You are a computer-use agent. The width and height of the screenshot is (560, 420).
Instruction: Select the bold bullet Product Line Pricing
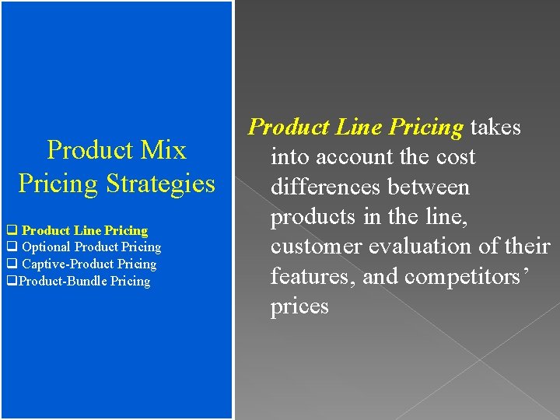[85, 230]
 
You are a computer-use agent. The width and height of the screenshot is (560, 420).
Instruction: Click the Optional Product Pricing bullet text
[92, 247]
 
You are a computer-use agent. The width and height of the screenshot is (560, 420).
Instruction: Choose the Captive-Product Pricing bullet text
[89, 264]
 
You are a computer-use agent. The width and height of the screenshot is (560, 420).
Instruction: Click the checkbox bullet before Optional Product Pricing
[12, 247]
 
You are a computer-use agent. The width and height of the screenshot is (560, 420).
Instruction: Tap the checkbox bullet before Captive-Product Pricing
[12, 264]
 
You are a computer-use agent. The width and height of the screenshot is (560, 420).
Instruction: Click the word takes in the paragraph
[495, 127]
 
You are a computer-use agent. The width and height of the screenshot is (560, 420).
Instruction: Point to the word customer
[316, 247]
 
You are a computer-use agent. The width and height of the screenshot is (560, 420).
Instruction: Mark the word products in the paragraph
[314, 217]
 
